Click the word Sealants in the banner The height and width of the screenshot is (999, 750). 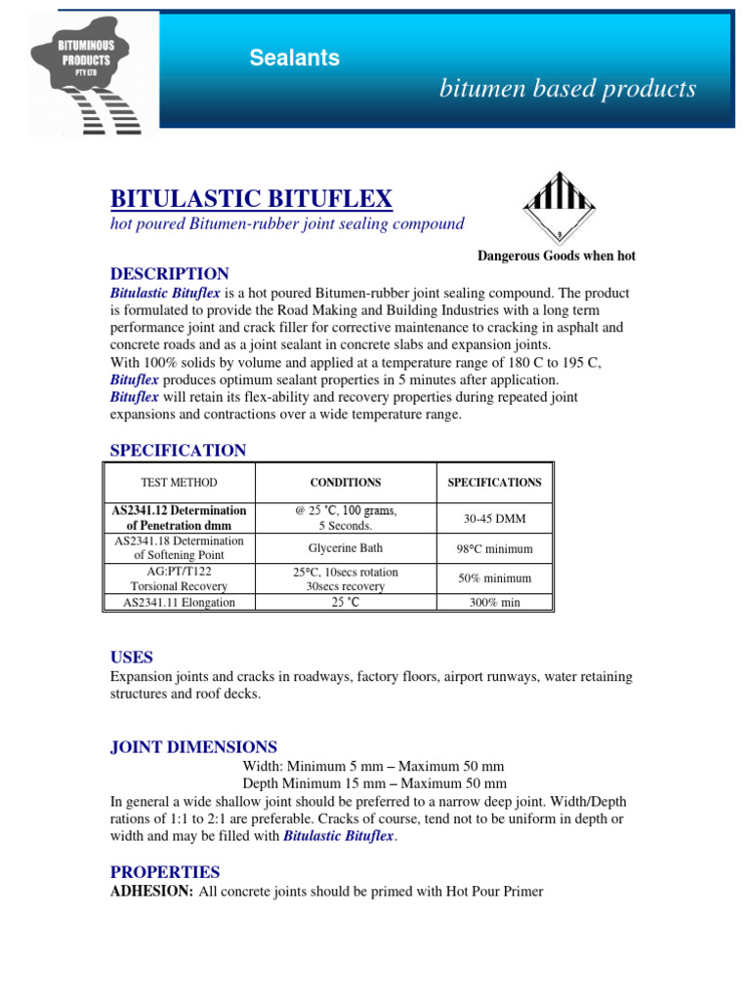[x=294, y=58]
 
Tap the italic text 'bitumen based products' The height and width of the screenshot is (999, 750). [x=567, y=89]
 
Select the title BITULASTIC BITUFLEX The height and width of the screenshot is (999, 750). [x=251, y=199]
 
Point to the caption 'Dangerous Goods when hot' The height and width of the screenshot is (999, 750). [x=556, y=256]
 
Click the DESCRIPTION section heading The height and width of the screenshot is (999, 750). [x=169, y=273]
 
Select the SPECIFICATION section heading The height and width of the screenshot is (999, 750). [x=178, y=450]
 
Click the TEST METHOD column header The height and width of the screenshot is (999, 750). [x=179, y=482]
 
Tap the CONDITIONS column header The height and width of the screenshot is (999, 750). [x=345, y=482]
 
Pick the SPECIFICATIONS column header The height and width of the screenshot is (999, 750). [x=494, y=482]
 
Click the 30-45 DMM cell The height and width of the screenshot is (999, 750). [x=494, y=518]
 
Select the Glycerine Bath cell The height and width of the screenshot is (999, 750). [x=345, y=547]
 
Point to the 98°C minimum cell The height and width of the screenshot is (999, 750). [x=494, y=547]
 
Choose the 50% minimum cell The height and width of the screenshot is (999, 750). [x=494, y=579]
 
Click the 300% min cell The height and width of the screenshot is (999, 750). [x=494, y=602]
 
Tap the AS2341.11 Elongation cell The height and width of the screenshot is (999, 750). [x=179, y=602]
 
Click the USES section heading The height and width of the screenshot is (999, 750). [x=131, y=657]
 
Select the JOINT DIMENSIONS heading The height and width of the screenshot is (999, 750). [x=193, y=746]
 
